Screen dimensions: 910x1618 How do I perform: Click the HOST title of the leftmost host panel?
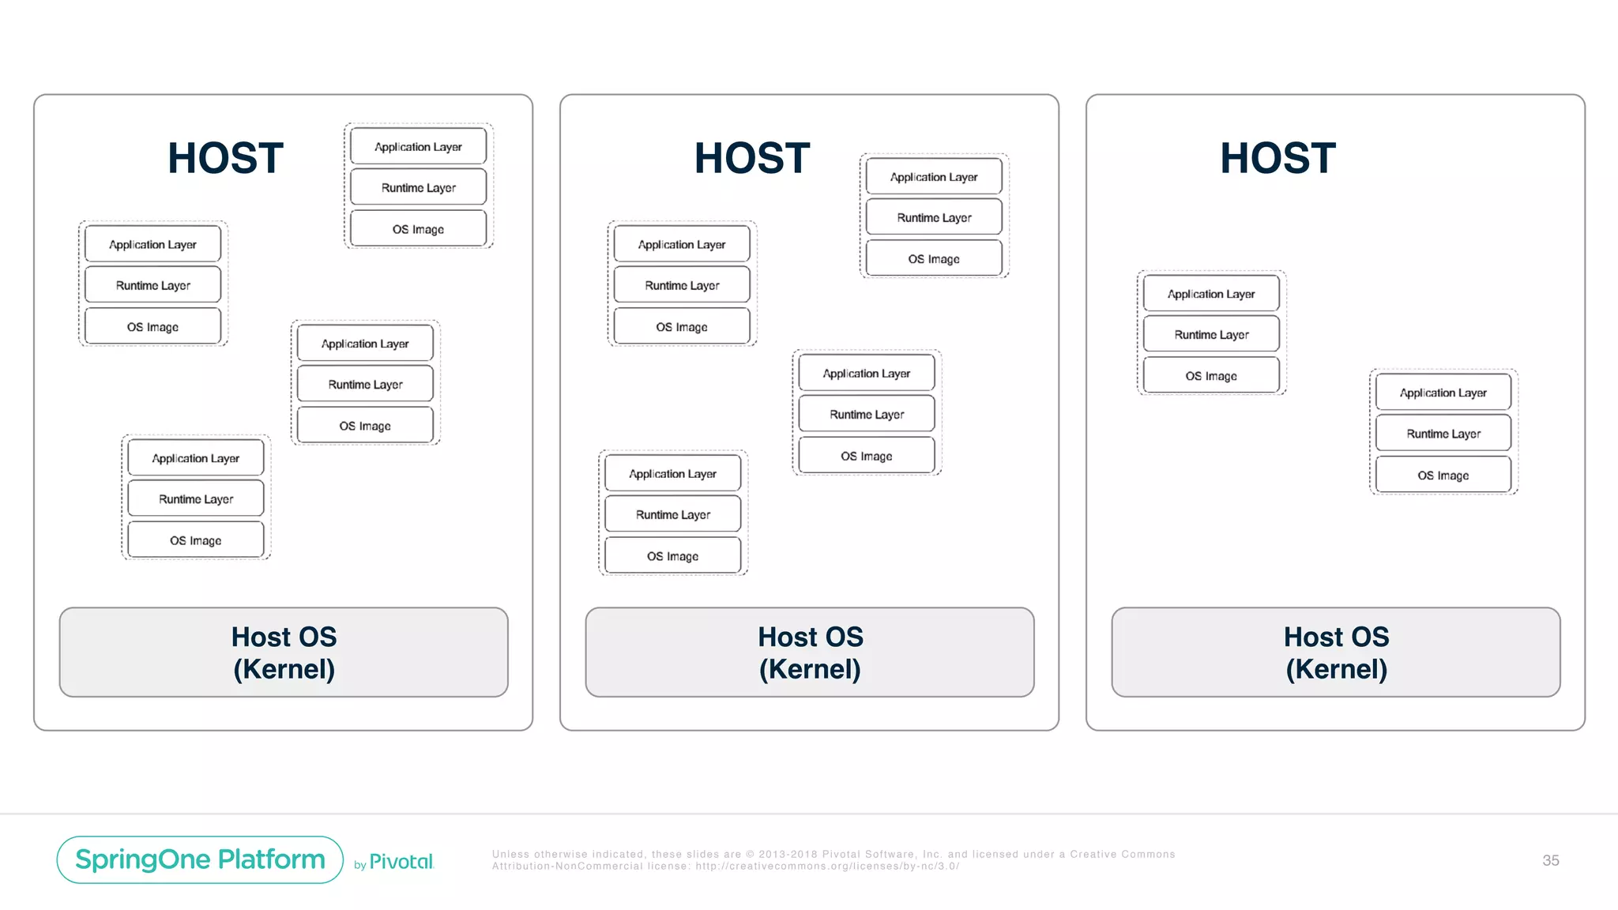coord(225,158)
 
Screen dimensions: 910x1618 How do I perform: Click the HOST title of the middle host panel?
coord(752,158)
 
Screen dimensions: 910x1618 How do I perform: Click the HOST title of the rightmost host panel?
coord(1277,158)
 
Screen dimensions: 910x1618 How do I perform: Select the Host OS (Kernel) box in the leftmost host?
coord(284,652)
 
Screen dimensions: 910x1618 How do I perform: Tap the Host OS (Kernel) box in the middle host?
coord(810,652)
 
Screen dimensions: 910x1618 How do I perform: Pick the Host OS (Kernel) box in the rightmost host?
coord(1336,652)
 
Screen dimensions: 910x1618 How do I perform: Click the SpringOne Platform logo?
coord(200,859)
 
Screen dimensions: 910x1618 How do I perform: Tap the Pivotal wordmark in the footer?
coord(401,862)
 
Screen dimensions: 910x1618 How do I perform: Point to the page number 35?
coord(1550,860)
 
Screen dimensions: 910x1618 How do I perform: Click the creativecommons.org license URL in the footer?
coord(827,867)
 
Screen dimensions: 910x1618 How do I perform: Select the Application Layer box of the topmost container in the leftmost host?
coord(418,147)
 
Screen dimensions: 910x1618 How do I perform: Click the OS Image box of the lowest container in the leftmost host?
coord(195,540)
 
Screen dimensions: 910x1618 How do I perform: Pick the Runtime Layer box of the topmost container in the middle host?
coord(934,217)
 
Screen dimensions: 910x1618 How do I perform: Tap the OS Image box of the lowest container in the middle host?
coord(672,556)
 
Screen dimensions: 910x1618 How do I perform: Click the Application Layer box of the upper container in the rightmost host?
coord(1211,294)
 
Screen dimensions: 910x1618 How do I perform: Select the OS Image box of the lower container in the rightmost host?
coord(1443,476)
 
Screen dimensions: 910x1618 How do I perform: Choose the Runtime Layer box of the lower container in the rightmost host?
coord(1443,434)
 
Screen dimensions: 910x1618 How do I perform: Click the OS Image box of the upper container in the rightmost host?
coord(1211,376)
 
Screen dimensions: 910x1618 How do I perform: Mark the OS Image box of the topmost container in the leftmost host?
coord(418,229)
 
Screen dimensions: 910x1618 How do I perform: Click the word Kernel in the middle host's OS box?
coord(810,670)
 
